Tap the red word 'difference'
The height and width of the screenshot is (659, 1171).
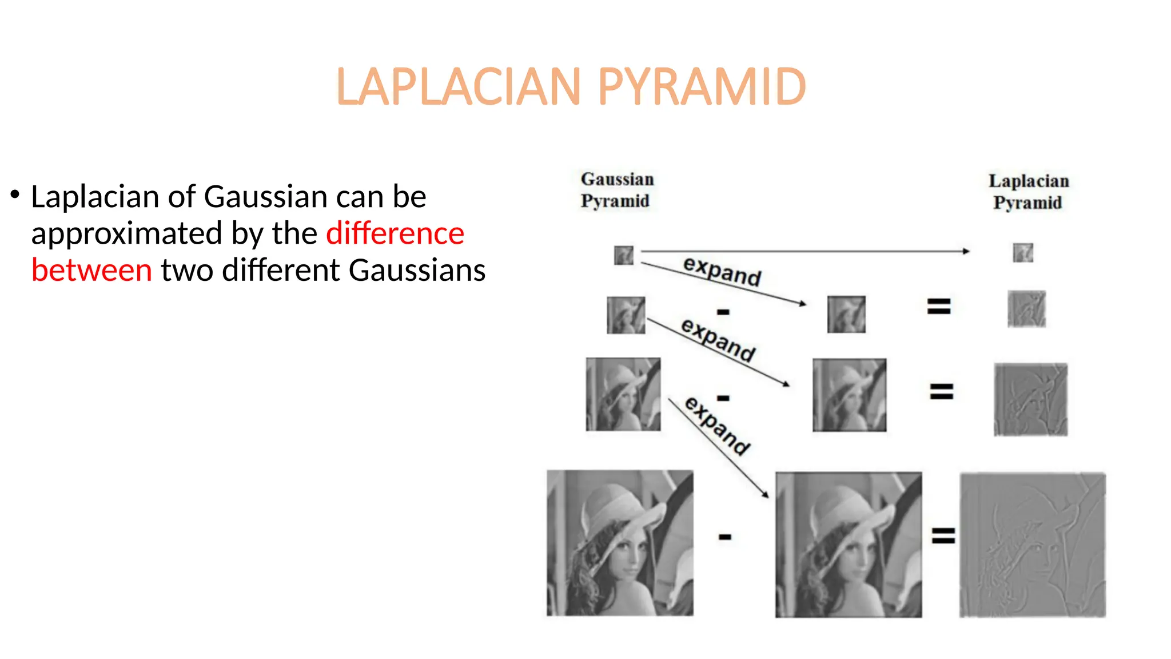(395, 233)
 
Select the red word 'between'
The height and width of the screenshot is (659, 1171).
(91, 270)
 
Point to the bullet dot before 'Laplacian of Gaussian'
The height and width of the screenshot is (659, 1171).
(15, 194)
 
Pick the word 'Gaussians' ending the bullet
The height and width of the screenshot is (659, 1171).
(417, 270)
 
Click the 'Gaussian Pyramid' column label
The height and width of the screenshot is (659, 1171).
(616, 190)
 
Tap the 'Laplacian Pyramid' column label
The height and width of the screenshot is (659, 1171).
(1028, 192)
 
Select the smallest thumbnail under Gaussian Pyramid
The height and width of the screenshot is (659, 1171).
(623, 255)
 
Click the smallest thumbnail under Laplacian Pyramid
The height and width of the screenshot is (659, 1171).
(1023, 252)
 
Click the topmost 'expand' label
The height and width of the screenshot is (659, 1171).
(722, 271)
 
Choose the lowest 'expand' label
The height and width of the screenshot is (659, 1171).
(718, 426)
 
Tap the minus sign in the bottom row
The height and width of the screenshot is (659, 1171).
(725, 537)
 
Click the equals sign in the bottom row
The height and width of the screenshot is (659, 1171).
(943, 536)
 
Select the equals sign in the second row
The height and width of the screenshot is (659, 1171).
(939, 307)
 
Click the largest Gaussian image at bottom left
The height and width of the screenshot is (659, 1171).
(620, 543)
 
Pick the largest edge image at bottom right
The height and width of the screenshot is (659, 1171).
(1032, 545)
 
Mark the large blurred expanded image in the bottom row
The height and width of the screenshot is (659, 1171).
(849, 545)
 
